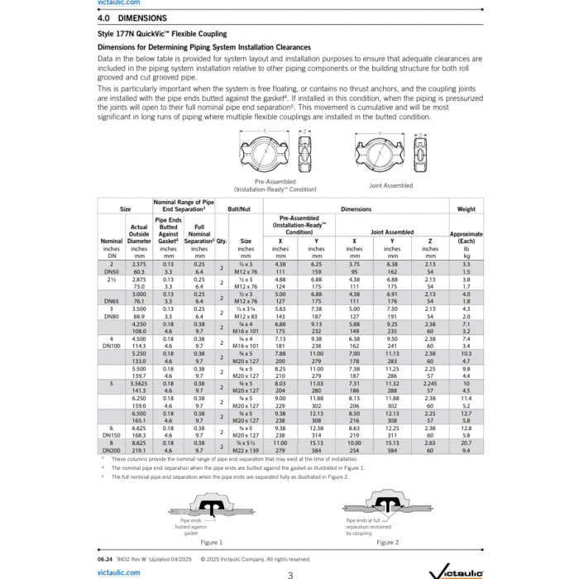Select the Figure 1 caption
click(x=211, y=543)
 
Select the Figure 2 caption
click(x=385, y=543)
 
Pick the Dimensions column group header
click(x=356, y=209)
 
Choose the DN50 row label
click(x=112, y=270)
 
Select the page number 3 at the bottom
click(x=289, y=574)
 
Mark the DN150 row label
click(x=112, y=434)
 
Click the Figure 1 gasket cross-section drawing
click(x=211, y=508)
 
